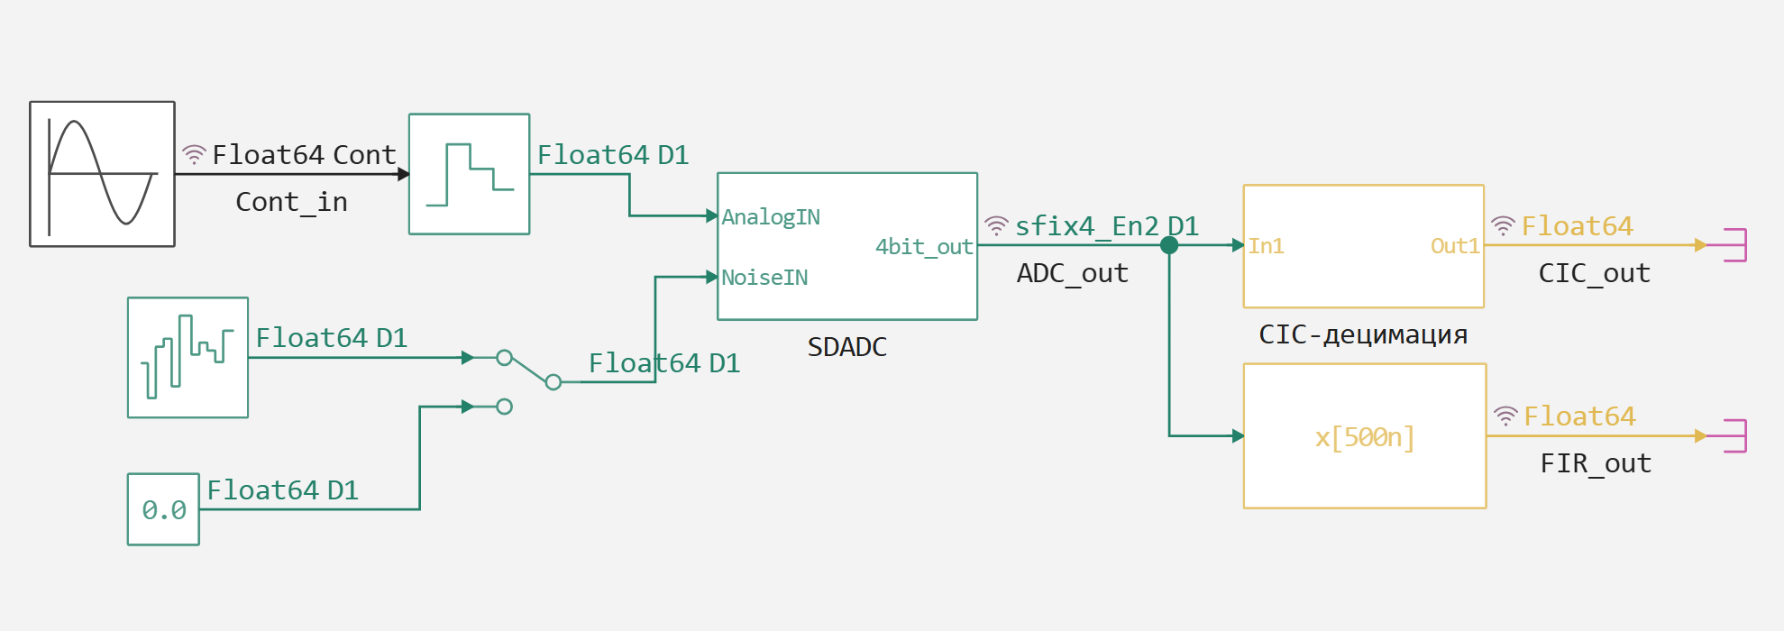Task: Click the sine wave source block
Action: (x=102, y=174)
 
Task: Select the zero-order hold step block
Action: (x=469, y=174)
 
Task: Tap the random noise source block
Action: (x=188, y=358)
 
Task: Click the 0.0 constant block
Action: (x=163, y=509)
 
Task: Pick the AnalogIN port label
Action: (x=771, y=217)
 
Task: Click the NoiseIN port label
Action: (x=764, y=278)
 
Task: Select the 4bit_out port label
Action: (x=924, y=247)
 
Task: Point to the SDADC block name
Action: (x=846, y=347)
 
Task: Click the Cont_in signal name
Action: (x=291, y=202)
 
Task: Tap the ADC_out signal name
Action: (x=1072, y=273)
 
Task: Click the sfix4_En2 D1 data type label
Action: (x=1106, y=226)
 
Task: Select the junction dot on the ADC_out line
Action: (x=1169, y=245)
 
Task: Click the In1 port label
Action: (x=1266, y=246)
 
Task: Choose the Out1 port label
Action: (x=1455, y=246)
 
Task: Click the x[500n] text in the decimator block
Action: (x=1364, y=437)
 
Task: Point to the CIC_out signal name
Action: (x=1594, y=273)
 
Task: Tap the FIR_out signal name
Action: (x=1596, y=463)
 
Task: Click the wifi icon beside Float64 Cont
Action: (x=194, y=155)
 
